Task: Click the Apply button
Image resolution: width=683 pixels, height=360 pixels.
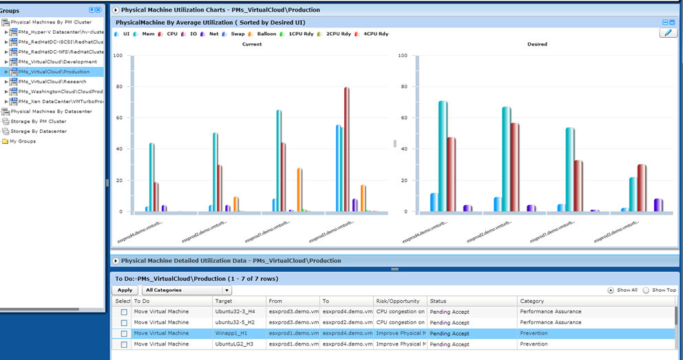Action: pos(125,290)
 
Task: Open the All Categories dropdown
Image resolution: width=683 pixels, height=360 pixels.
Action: pos(187,290)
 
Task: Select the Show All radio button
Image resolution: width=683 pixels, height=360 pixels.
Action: pos(610,290)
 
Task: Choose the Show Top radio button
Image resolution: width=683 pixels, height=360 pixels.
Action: pos(646,290)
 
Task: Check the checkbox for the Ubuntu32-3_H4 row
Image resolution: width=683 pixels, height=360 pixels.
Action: pos(123,312)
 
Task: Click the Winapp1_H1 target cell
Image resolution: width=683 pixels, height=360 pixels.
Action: pos(238,333)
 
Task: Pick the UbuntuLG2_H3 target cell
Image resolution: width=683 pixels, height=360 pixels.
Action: pos(238,344)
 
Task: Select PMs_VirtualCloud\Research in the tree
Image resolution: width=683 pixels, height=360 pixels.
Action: pos(52,81)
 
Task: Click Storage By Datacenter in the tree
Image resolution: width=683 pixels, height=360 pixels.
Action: pos(39,131)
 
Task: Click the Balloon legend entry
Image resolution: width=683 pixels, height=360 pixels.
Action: pos(266,34)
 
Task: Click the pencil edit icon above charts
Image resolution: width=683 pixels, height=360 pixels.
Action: pos(667,33)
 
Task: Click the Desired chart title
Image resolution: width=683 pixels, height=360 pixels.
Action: pos(537,44)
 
